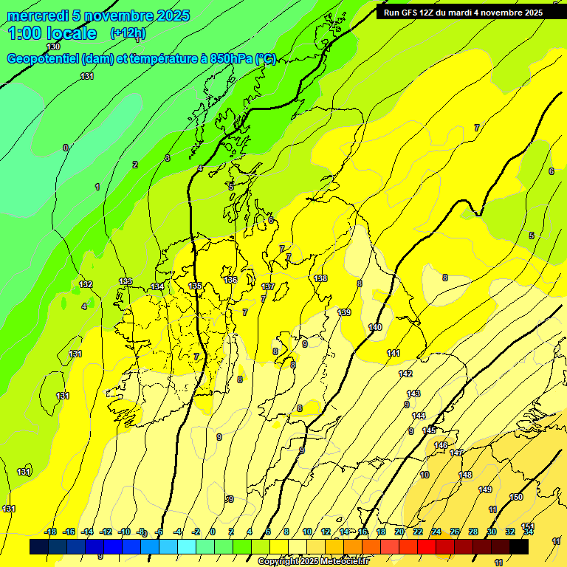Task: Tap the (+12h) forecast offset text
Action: coord(128,32)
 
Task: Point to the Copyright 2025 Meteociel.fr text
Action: coord(313,562)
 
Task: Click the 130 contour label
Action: coord(53,47)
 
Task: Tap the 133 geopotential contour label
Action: coord(126,281)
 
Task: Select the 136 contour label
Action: coord(230,280)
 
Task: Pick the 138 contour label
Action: coord(320,278)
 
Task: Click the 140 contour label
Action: coord(375,327)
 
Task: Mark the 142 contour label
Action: coord(405,374)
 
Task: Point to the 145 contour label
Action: coord(429,430)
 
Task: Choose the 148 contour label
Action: coord(465,475)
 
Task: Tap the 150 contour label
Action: coord(516,497)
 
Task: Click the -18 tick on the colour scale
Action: coord(50,532)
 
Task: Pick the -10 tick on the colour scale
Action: coord(124,532)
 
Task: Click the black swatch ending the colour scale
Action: coord(519,547)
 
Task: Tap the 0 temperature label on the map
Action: coord(65,148)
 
